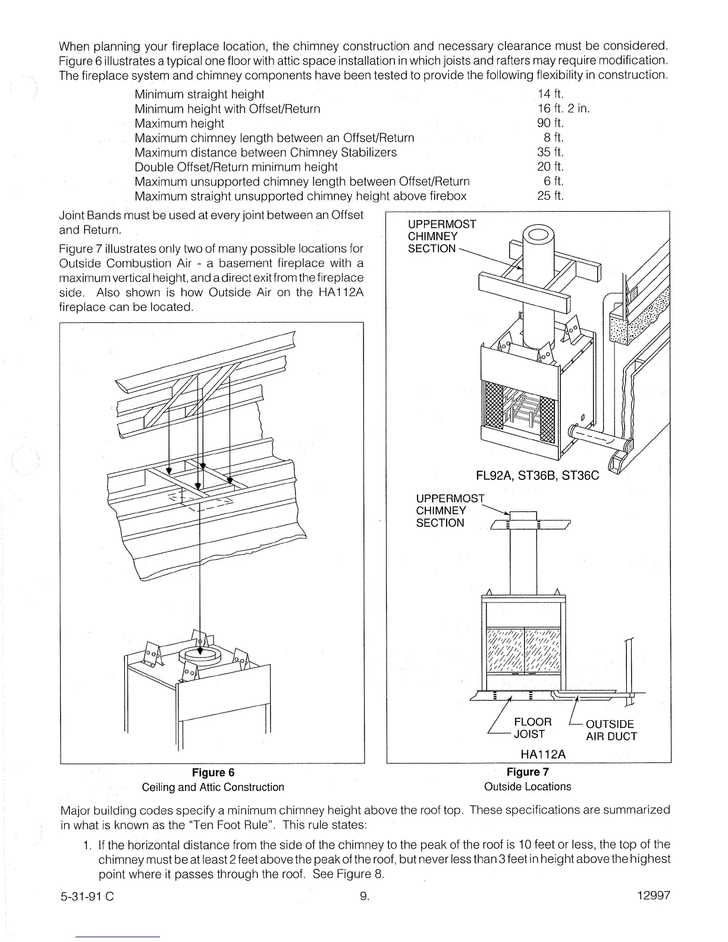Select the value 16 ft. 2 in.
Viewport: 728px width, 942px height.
click(563, 109)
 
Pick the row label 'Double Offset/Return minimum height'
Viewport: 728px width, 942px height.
click(236, 167)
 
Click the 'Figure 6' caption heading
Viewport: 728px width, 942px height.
click(213, 773)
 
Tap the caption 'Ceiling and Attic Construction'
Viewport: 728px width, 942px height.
click(213, 787)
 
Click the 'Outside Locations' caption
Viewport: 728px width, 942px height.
click(528, 786)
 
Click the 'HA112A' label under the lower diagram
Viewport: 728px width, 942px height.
click(543, 754)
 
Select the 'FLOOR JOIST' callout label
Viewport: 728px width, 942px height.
click(532, 728)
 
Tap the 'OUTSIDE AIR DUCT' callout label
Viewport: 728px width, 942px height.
click(611, 730)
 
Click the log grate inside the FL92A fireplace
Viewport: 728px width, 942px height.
click(523, 410)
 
